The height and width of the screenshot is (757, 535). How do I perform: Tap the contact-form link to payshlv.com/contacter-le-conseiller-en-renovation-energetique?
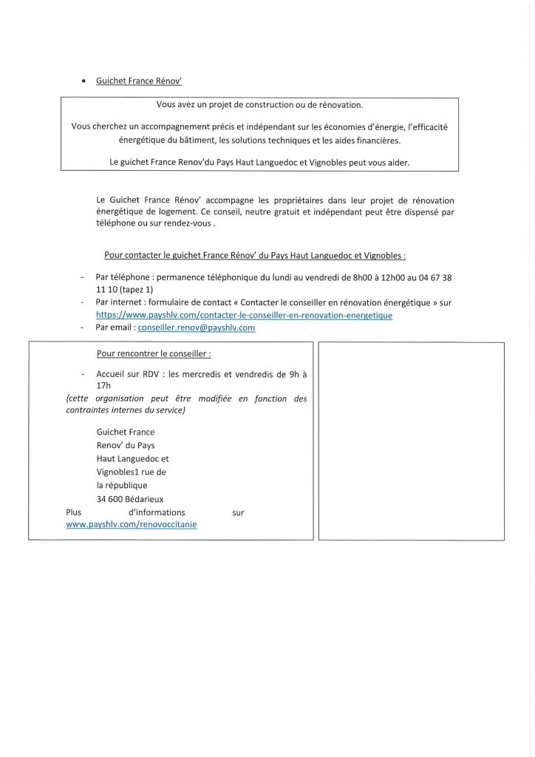(x=244, y=315)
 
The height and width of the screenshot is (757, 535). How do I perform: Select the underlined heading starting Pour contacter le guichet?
(x=254, y=255)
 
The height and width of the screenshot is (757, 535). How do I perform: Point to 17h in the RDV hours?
(x=103, y=386)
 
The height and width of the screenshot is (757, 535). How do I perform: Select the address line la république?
(x=122, y=485)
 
